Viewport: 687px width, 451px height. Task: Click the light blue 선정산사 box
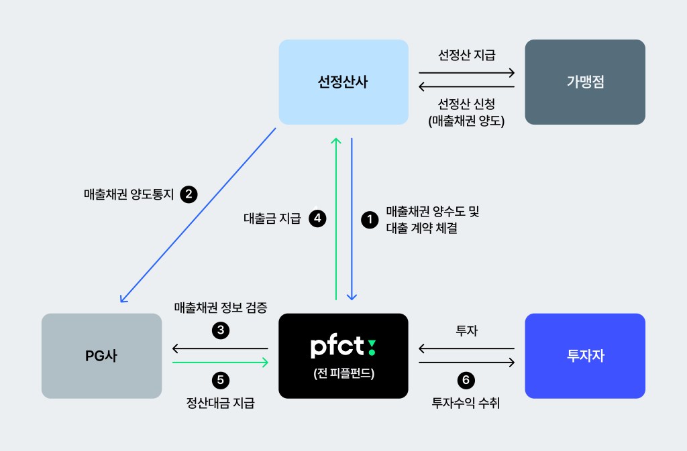343,82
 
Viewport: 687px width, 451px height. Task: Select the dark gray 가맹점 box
585,82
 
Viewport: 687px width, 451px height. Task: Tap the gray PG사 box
101,356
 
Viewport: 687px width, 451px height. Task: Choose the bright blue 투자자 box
585,356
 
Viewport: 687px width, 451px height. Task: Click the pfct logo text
343,346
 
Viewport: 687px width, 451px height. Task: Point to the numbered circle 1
369,218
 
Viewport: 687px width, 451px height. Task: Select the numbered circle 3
220,329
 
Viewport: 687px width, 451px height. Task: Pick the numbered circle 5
220,381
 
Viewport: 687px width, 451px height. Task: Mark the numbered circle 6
466,381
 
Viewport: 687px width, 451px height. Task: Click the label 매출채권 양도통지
129,195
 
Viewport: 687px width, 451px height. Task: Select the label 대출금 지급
272,218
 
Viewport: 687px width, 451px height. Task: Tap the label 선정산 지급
466,55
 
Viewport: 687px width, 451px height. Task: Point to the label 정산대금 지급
220,403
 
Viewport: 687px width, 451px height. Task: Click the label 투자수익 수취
466,403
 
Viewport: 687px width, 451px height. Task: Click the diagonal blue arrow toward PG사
198,214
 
